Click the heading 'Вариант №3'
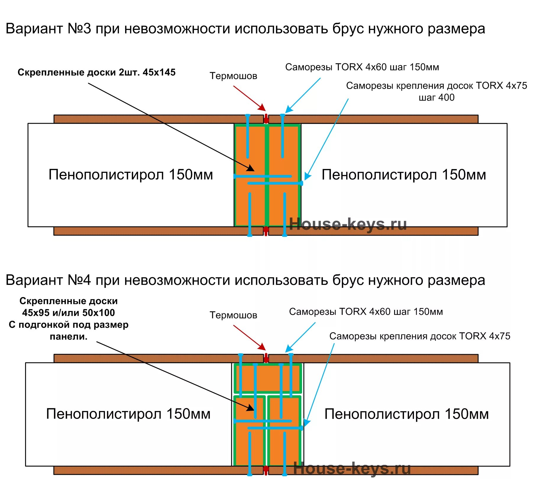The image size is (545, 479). [x=48, y=29]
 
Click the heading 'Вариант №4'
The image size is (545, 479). [x=48, y=280]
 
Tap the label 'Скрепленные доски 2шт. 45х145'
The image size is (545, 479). [x=96, y=72]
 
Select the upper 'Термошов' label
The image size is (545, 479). [x=233, y=76]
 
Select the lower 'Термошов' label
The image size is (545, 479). [x=233, y=315]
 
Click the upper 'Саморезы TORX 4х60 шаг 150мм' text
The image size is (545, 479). [x=362, y=67]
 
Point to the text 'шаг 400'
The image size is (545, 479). [x=436, y=97]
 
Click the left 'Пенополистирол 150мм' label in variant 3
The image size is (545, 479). [x=131, y=175]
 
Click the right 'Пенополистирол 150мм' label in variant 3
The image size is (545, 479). [x=404, y=175]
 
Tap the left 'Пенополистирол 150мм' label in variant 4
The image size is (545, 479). [x=128, y=414]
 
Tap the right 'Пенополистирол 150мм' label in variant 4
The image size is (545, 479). [x=407, y=414]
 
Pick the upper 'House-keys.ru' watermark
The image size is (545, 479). [x=348, y=224]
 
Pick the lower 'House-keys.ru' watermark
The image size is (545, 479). [x=352, y=469]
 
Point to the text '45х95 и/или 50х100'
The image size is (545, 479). [x=69, y=313]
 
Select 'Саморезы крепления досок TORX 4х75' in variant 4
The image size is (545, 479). [x=420, y=336]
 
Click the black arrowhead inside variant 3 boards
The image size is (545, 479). [x=251, y=168]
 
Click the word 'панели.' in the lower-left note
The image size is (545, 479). [x=69, y=337]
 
